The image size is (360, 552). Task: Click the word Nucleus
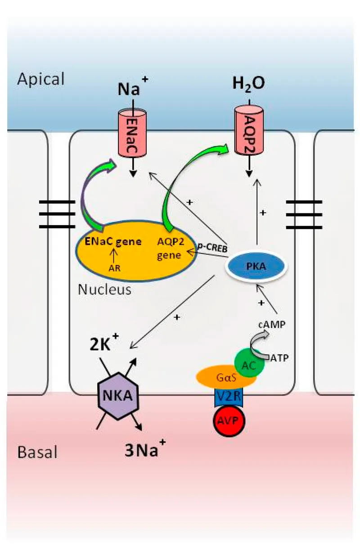tap(104, 289)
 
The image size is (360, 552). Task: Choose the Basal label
tap(37, 452)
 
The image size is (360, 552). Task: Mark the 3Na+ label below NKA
tap(145, 449)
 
